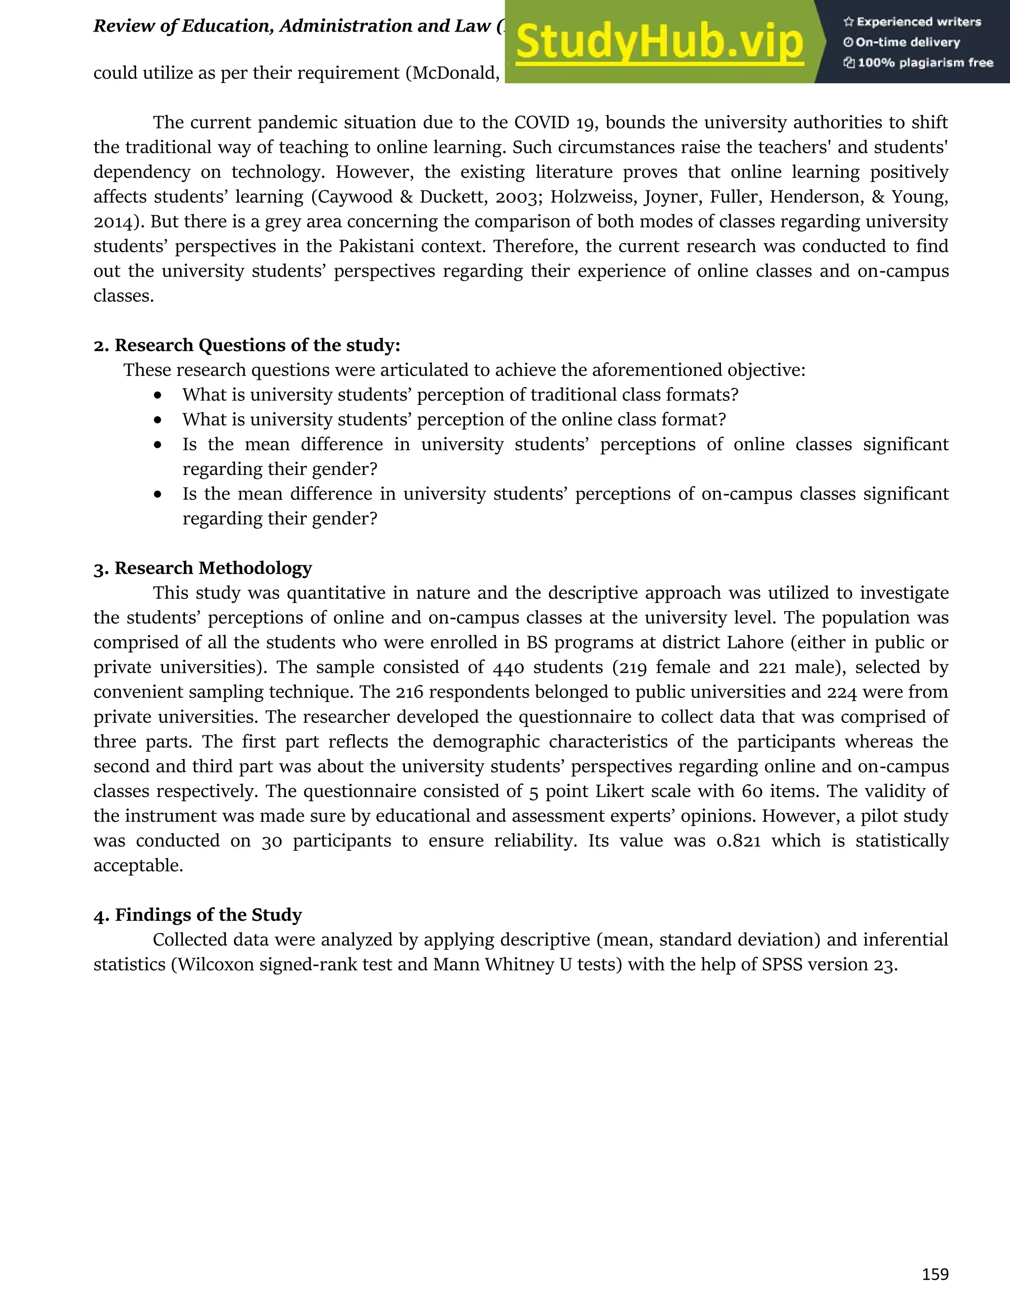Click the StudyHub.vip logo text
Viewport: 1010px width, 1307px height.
click(659, 42)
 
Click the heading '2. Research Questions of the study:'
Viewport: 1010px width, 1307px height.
click(247, 345)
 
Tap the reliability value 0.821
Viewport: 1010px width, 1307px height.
click(738, 841)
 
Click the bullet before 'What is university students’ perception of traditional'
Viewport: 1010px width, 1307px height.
click(157, 396)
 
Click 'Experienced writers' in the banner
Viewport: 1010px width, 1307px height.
click(918, 22)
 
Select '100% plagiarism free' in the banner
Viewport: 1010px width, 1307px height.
click(925, 63)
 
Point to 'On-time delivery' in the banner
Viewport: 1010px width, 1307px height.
click(908, 42)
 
